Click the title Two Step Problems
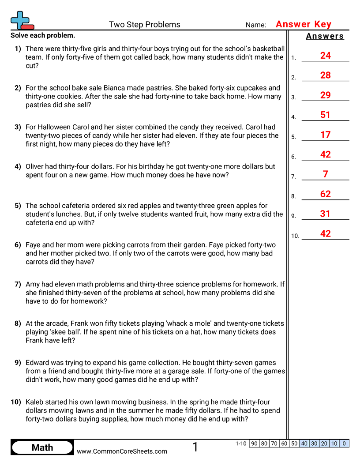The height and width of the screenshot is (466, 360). click(x=144, y=25)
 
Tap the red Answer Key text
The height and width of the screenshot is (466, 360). click(x=303, y=24)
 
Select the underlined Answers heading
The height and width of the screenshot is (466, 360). click(x=325, y=36)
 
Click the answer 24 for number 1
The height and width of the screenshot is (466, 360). click(x=325, y=56)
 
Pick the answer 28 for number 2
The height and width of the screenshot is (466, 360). click(x=325, y=75)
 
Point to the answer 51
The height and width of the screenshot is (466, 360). click(x=325, y=115)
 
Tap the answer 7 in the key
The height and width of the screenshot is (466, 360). click(x=325, y=174)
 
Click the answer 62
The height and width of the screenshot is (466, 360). click(x=325, y=194)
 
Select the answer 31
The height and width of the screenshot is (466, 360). click(x=325, y=214)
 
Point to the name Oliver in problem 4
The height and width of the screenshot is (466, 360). click(x=36, y=166)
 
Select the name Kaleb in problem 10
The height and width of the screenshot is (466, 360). click(x=36, y=402)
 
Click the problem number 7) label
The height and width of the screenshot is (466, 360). click(x=18, y=284)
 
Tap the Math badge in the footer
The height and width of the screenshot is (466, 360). click(x=42, y=447)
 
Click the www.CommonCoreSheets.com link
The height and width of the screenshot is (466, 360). click(x=122, y=451)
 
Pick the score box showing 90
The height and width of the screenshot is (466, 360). click(x=254, y=443)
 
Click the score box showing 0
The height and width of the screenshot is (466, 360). click(x=344, y=443)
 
